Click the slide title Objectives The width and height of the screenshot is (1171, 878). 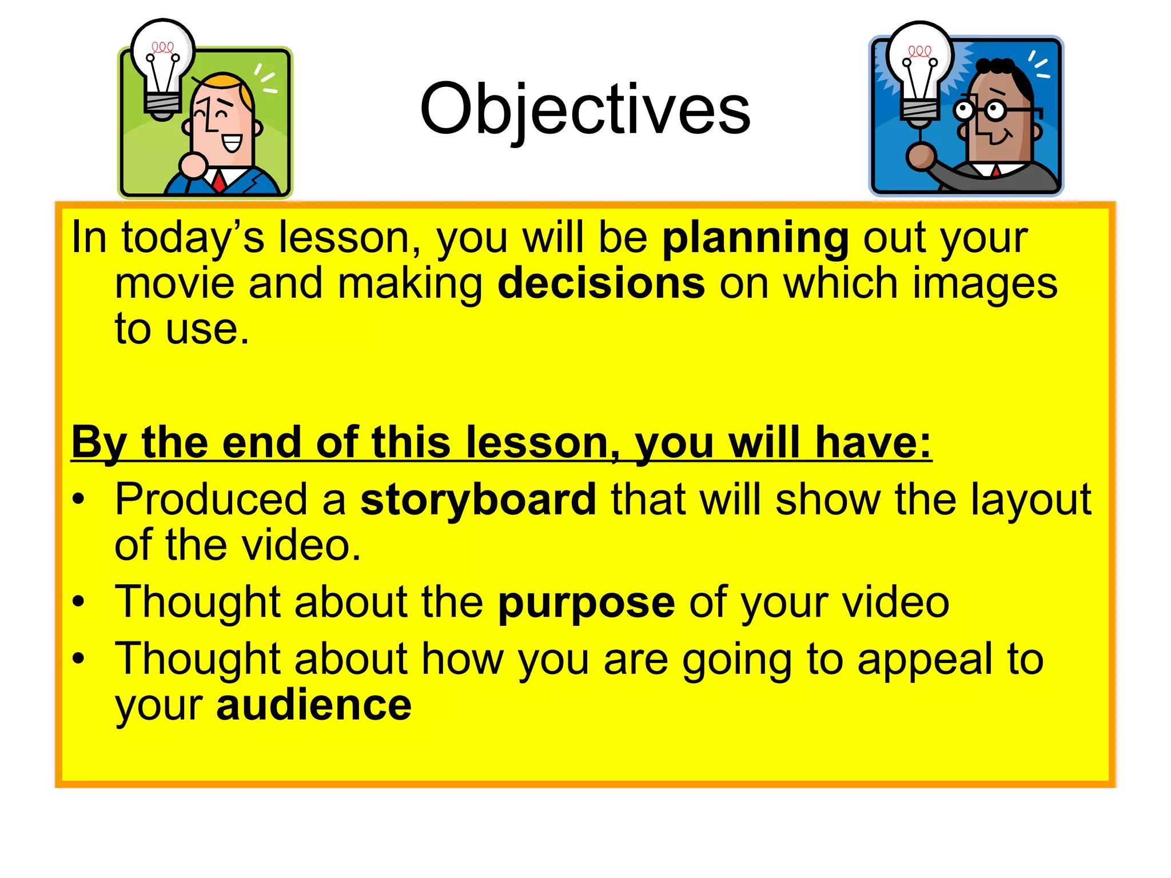point(584,110)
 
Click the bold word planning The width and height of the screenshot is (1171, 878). point(755,238)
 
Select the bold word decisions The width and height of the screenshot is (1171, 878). point(601,284)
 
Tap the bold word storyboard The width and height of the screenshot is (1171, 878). point(478,500)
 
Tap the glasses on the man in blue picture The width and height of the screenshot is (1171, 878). point(981,110)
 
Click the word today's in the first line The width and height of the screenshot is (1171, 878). point(193,238)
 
